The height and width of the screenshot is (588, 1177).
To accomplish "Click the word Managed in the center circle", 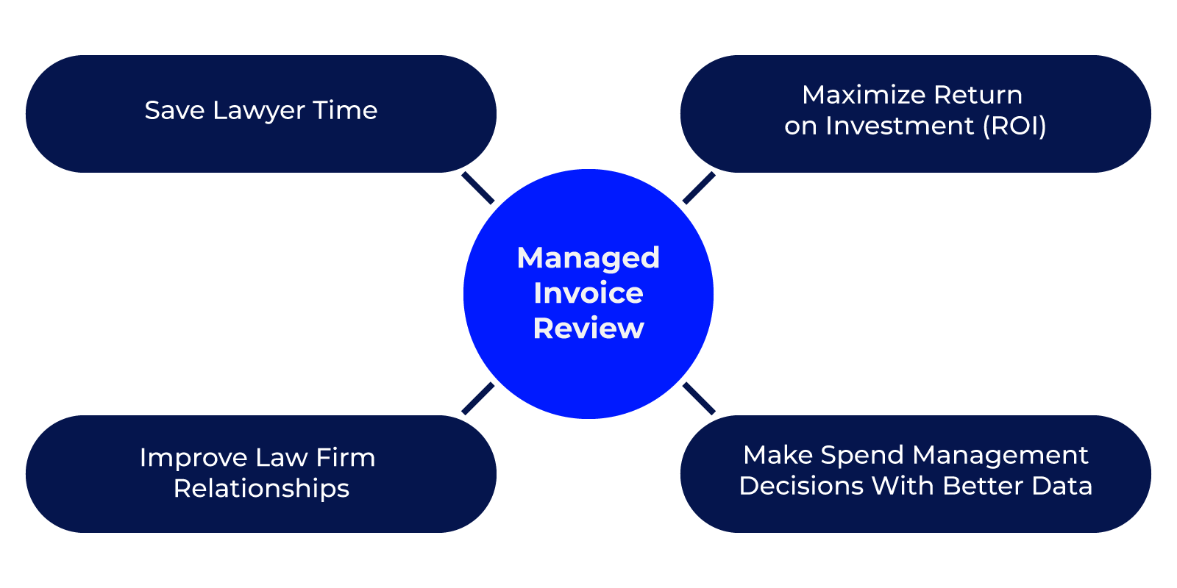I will [588, 258].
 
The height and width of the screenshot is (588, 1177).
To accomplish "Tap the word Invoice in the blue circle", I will [588, 293].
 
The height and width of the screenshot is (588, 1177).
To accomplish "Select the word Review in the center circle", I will [588, 329].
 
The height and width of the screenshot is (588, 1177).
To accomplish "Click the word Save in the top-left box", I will [174, 110].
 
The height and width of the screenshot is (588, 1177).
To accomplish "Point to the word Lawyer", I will [259, 111].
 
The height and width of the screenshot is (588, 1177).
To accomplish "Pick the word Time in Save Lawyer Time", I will [345, 110].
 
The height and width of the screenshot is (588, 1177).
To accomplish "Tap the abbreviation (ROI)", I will [1014, 126].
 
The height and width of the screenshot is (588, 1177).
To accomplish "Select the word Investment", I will [900, 126].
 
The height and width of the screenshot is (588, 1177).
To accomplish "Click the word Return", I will [978, 95].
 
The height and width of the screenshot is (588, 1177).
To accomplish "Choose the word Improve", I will [193, 458].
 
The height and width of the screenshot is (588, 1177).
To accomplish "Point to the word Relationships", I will [261, 489].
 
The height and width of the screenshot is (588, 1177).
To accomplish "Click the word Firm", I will [345, 457].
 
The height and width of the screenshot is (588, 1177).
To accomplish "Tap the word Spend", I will [862, 455].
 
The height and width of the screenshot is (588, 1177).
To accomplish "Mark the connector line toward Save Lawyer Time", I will [478, 188].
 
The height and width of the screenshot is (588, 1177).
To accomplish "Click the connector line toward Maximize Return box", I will [699, 188].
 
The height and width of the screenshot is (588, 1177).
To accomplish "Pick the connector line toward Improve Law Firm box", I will [478, 399].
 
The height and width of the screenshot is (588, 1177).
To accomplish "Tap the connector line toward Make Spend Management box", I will [699, 399].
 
